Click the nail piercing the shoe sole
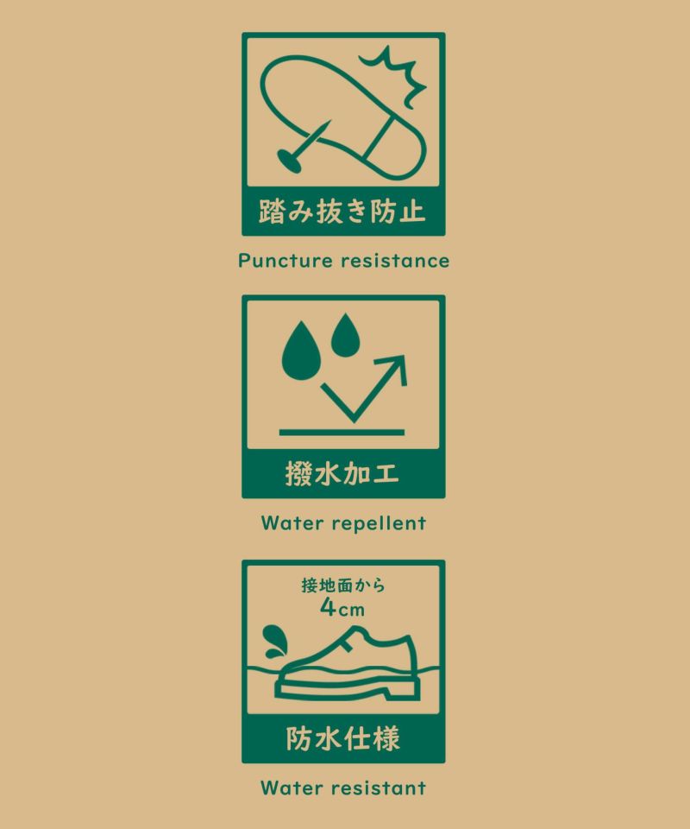tap(304, 147)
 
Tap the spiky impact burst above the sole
tap(393, 74)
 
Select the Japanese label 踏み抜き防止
tap(342, 211)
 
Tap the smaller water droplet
tap(345, 335)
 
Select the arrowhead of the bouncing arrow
tap(395, 367)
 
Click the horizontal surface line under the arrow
tap(342, 433)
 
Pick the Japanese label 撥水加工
tap(342, 473)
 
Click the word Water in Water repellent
tap(292, 523)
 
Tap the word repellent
tap(379, 524)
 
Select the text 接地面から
tap(343, 585)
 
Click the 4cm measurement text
tap(342, 608)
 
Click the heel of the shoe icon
tap(402, 690)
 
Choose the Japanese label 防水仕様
tap(343, 738)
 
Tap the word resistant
tap(379, 788)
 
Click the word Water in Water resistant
tap(292, 788)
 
